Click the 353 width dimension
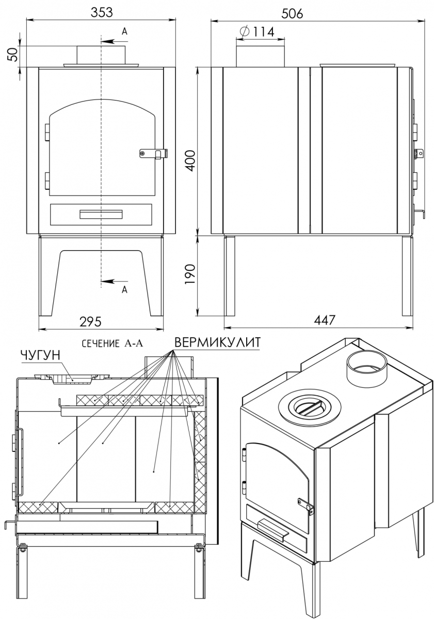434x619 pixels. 102,12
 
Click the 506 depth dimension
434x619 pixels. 292,13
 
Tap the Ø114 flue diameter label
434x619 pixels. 257,32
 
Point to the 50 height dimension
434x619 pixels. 13,54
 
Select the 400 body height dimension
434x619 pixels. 190,161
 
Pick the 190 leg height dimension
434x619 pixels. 190,274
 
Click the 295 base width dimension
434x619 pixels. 90,322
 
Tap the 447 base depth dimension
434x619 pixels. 324,320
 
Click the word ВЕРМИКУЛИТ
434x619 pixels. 217,343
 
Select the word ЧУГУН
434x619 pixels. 40,355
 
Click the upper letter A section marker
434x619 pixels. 124,32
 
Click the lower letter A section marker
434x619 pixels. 124,289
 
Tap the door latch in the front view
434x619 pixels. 154,153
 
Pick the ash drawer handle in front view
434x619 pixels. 101,214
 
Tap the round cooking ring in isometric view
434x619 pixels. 309,406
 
